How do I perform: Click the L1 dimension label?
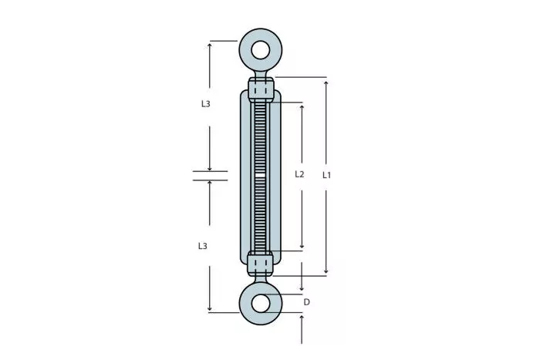point(326,175)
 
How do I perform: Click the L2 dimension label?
point(299,174)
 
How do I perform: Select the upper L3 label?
point(206,103)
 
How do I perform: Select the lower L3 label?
point(202,246)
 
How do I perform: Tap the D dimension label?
point(306,302)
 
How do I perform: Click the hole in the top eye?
point(261,50)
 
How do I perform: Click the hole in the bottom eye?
point(261,303)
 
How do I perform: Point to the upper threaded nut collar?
point(261,89)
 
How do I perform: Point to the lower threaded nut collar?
point(261,264)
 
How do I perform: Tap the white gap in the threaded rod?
point(261,176)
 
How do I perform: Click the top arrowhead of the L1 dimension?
point(326,83)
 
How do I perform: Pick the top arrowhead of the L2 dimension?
point(302,107)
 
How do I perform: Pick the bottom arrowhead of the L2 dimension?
point(302,246)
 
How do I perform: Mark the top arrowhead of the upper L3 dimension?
point(209,45)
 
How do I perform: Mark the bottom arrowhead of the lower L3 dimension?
point(209,308)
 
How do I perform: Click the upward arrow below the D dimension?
point(302,329)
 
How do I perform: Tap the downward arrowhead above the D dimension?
point(302,288)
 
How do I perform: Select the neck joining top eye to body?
point(261,74)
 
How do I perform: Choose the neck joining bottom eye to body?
point(261,279)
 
